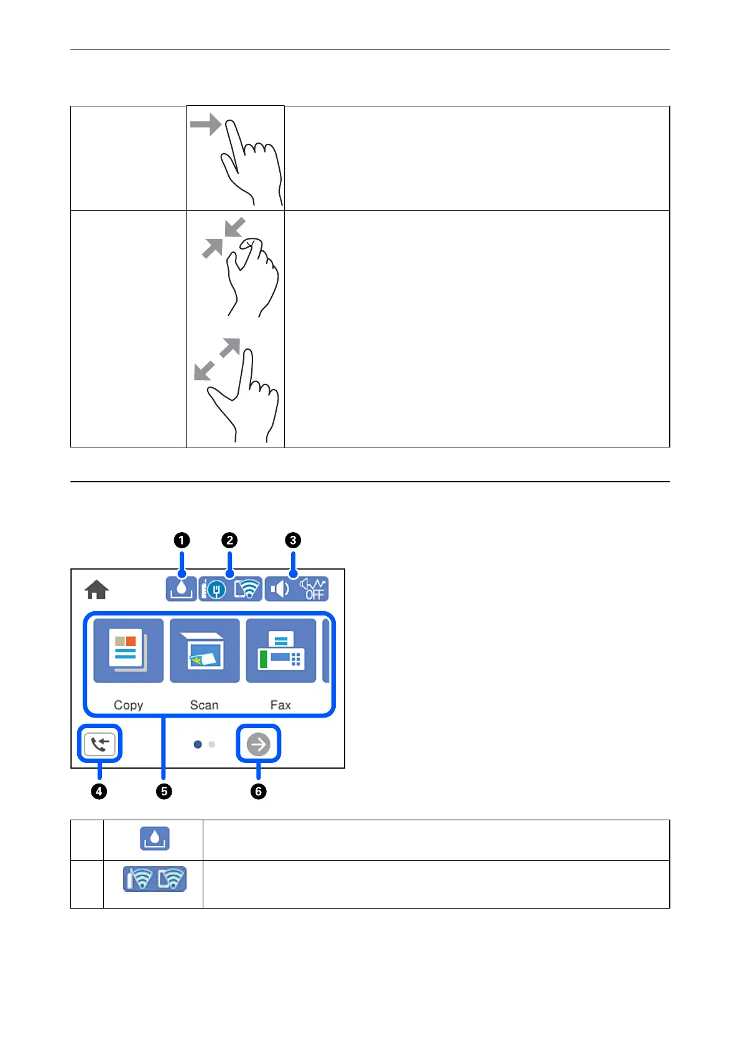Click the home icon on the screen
coord(96,589)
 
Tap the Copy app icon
coord(128,650)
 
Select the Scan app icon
coord(205,650)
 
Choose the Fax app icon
coord(281,650)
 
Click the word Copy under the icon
coord(128,705)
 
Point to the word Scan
coord(204,705)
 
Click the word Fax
coord(280,705)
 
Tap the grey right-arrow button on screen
coord(259,744)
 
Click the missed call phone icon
coord(100,744)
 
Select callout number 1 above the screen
coord(182,540)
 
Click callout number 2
coord(229,540)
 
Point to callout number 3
coord(293,540)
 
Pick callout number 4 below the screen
coord(99,792)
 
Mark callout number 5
coord(164,792)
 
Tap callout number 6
coord(258,792)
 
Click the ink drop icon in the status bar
coord(181,589)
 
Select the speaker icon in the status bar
coord(280,589)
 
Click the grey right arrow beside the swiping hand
coord(206,124)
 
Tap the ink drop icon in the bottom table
coord(155,838)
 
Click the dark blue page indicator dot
coord(198,744)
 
